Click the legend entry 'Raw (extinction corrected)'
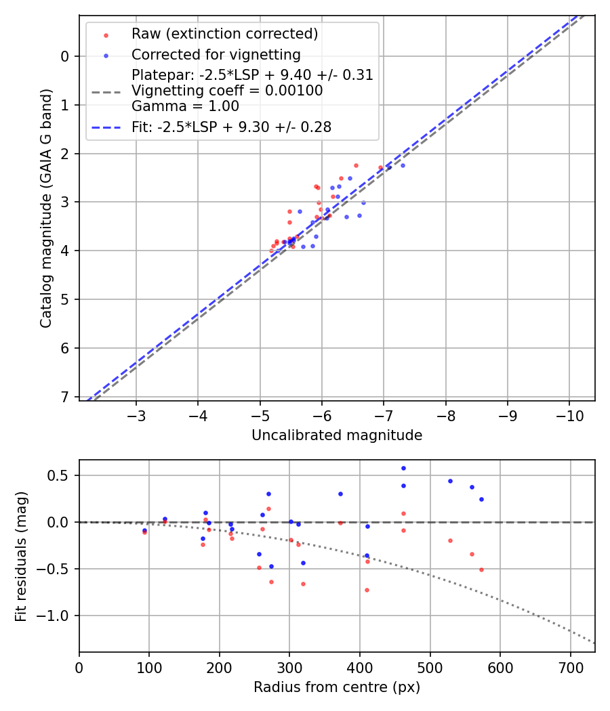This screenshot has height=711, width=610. coord(224,34)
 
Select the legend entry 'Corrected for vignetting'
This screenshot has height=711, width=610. coord(216,54)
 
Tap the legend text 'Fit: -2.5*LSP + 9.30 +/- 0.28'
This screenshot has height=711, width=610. coord(231,127)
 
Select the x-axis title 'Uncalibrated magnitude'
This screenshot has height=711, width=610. coord(337,435)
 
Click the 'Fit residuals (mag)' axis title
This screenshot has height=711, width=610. coord(21,555)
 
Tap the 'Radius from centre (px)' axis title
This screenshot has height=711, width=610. coord(337,687)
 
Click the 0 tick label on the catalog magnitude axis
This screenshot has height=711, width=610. coord(66,56)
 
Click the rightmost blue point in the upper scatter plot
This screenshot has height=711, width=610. coord(403,165)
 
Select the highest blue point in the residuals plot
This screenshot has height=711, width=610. coord(403,468)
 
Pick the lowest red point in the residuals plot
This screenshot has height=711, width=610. coord(367,590)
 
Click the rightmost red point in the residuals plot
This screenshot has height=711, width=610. coord(481,569)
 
